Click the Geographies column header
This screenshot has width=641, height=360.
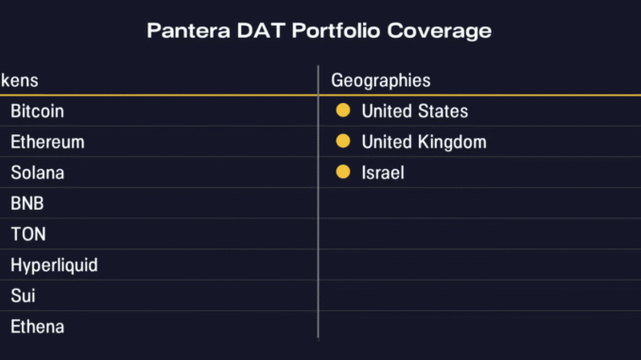(x=381, y=80)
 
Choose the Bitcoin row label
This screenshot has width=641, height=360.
(x=37, y=111)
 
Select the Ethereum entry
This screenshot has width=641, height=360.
(x=47, y=143)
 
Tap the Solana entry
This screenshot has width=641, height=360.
(x=37, y=173)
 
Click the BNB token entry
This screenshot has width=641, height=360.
(x=27, y=204)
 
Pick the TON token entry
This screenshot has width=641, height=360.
(x=28, y=234)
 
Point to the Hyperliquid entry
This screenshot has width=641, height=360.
(x=54, y=266)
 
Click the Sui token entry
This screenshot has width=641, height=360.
(x=23, y=297)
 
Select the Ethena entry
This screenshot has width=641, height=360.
(x=37, y=327)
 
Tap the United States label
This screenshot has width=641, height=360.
(x=414, y=111)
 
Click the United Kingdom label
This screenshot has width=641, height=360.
(x=424, y=143)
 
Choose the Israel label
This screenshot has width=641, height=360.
(x=383, y=173)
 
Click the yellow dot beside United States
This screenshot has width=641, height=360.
(x=343, y=111)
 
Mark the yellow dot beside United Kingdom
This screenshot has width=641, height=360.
(x=343, y=142)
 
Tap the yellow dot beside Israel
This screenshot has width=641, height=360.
(x=343, y=173)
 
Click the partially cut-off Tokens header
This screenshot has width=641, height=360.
(x=19, y=80)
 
